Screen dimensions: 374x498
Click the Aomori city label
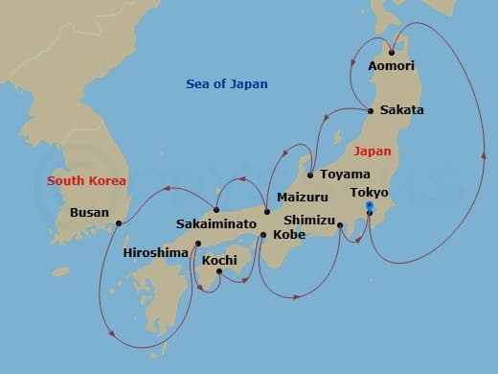(x=392, y=66)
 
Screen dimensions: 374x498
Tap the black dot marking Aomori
(x=392, y=52)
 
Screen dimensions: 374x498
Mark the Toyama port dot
(x=310, y=175)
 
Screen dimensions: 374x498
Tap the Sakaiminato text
(x=216, y=223)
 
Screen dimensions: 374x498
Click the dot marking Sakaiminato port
(x=216, y=210)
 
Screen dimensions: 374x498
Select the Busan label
(x=91, y=213)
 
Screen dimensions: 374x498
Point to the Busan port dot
(x=118, y=223)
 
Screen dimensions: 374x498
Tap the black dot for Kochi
(x=219, y=272)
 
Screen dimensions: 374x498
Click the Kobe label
(x=290, y=233)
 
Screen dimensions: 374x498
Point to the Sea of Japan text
(x=227, y=84)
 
